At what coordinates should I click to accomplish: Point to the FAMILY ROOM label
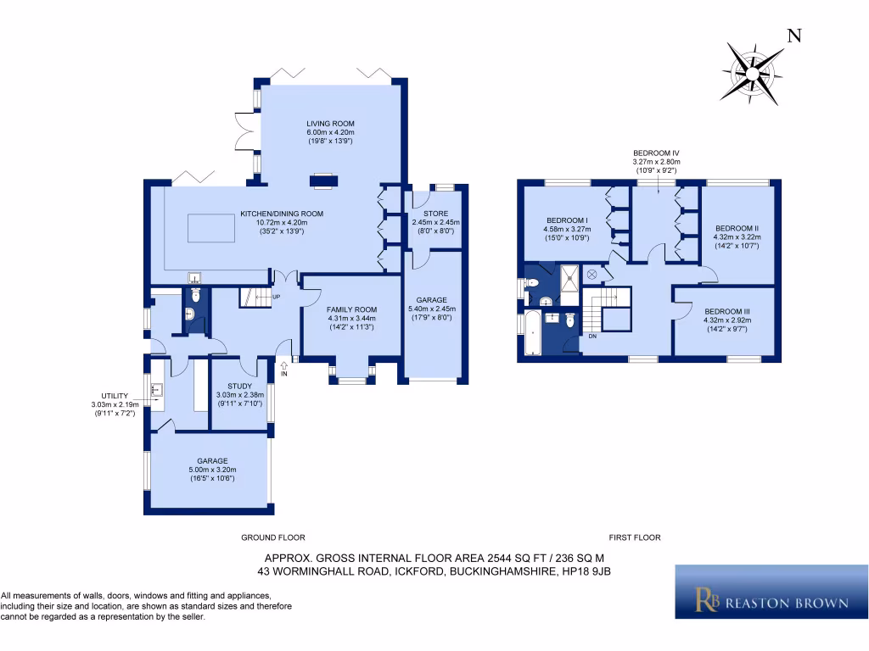click(x=352, y=309)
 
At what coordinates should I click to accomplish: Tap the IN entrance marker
click(x=284, y=373)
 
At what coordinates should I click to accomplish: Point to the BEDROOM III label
click(x=726, y=311)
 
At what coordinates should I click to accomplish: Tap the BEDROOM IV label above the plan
click(x=656, y=153)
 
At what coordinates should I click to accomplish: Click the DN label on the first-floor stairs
click(x=592, y=336)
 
